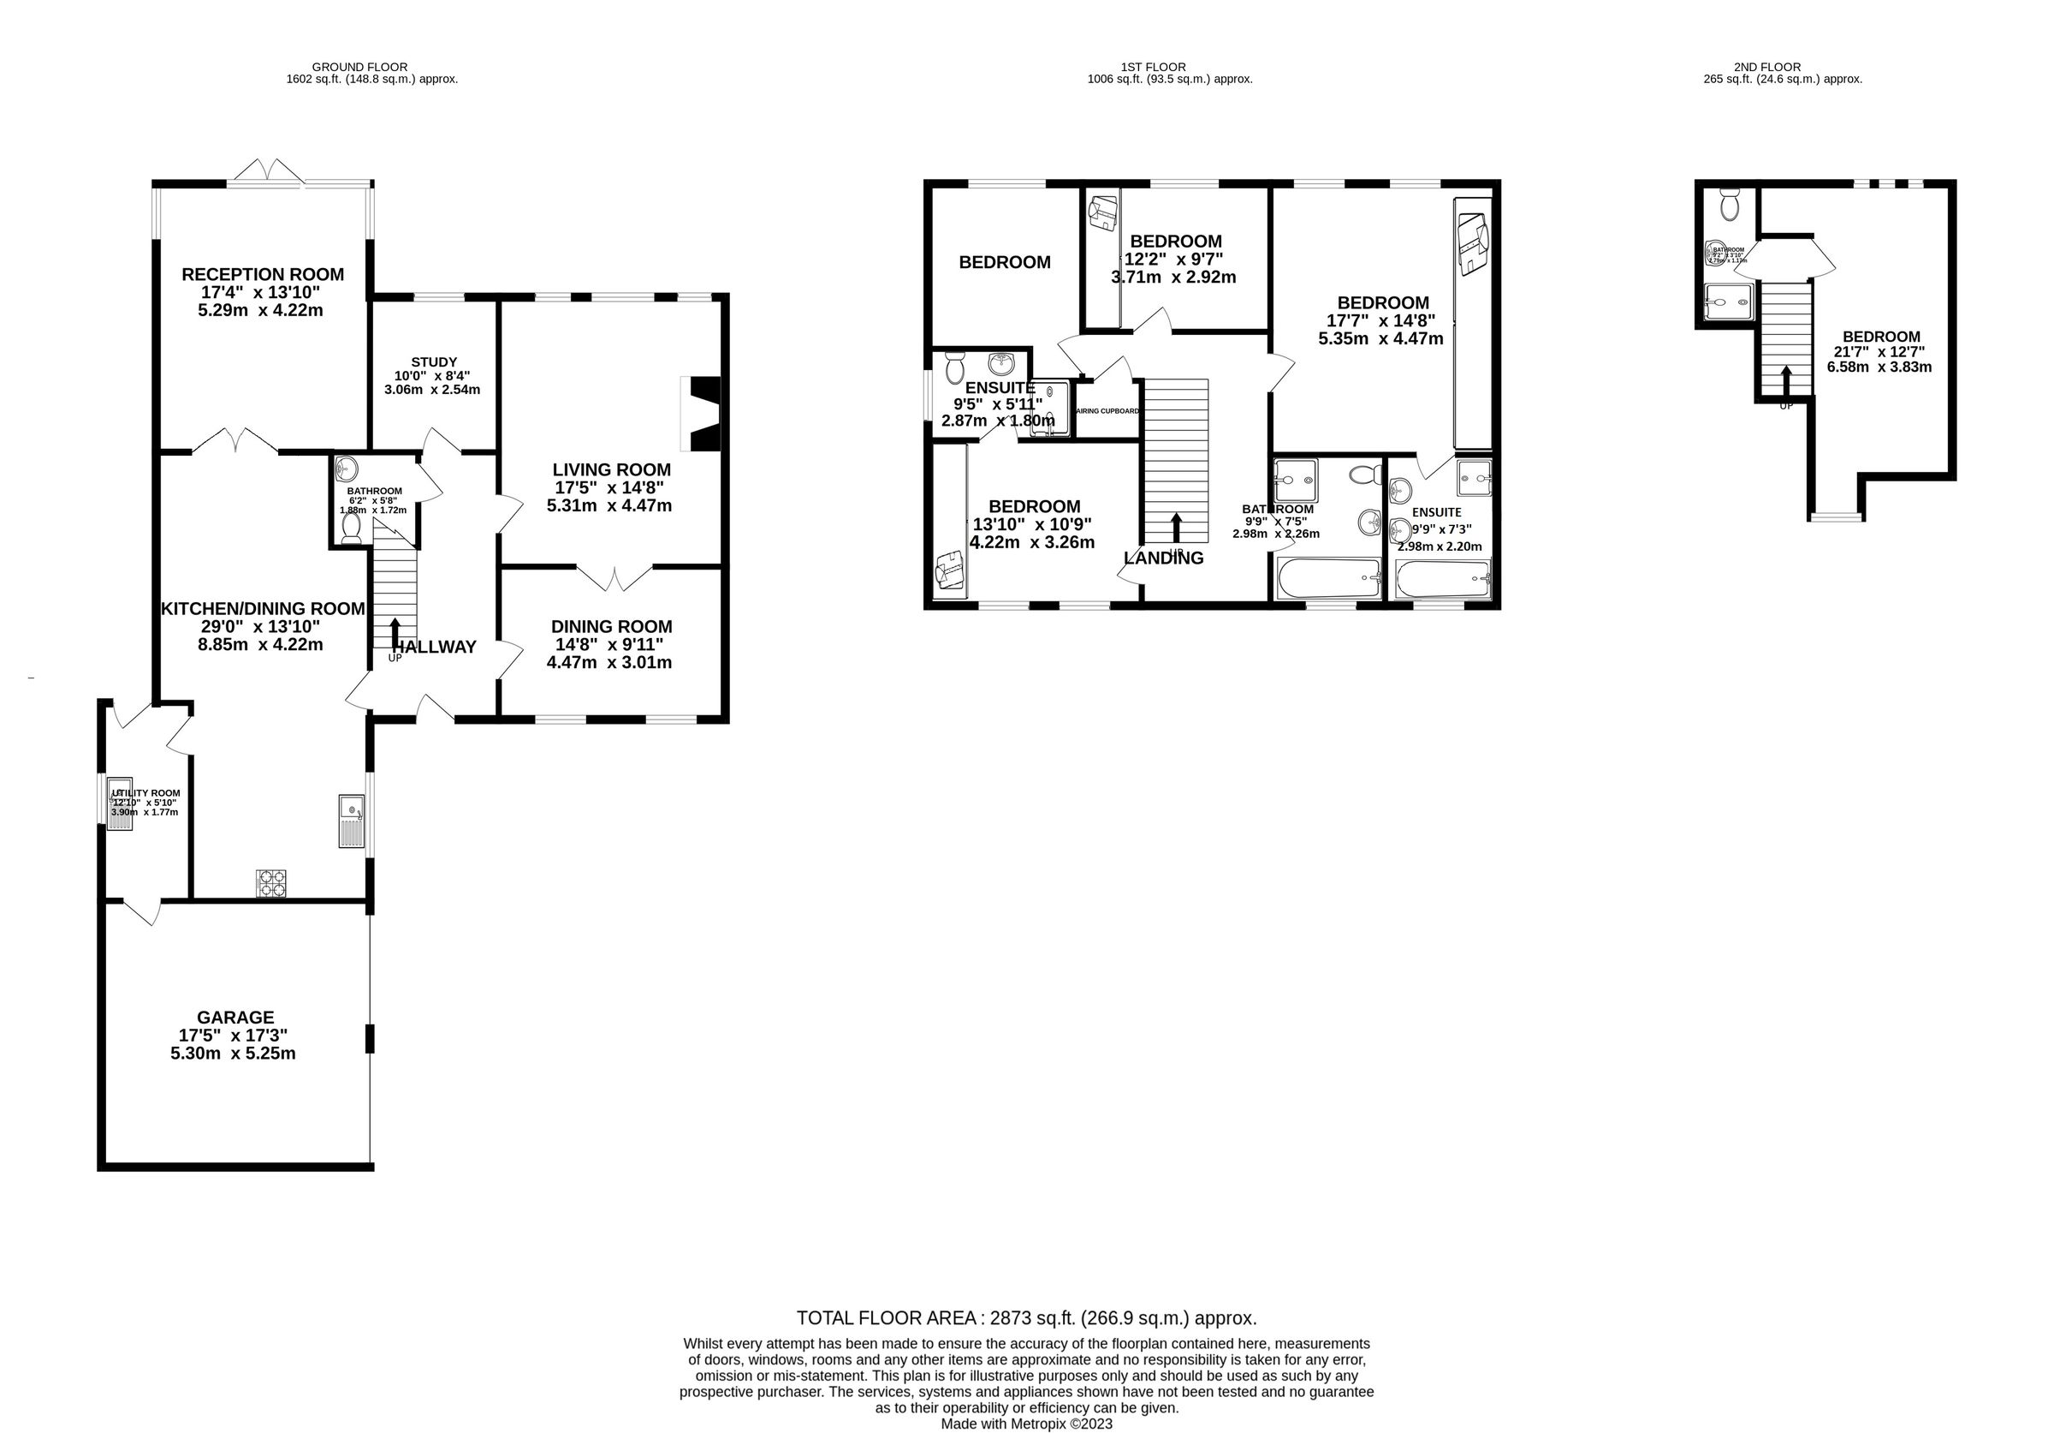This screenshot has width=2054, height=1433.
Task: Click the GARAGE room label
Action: [x=235, y=1017]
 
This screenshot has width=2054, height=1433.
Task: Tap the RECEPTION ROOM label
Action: [x=262, y=274]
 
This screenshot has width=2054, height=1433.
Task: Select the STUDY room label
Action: [x=434, y=361]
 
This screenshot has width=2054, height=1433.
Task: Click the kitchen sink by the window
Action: [x=352, y=820]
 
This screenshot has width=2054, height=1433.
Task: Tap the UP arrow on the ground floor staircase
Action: [x=395, y=633]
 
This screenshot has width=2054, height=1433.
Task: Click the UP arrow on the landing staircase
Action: [x=1176, y=528]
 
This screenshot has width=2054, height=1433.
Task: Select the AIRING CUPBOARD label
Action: [x=1107, y=411]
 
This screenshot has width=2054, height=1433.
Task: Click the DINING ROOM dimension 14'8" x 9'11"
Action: [x=611, y=644]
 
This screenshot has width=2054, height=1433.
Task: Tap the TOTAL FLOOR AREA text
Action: [x=1026, y=1317]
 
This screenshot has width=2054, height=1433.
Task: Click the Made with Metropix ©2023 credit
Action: [x=1026, y=1424]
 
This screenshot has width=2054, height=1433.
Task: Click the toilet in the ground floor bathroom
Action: [x=351, y=529]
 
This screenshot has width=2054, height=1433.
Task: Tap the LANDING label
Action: [x=1163, y=558]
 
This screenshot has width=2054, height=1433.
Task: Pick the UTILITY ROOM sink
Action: [x=119, y=803]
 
